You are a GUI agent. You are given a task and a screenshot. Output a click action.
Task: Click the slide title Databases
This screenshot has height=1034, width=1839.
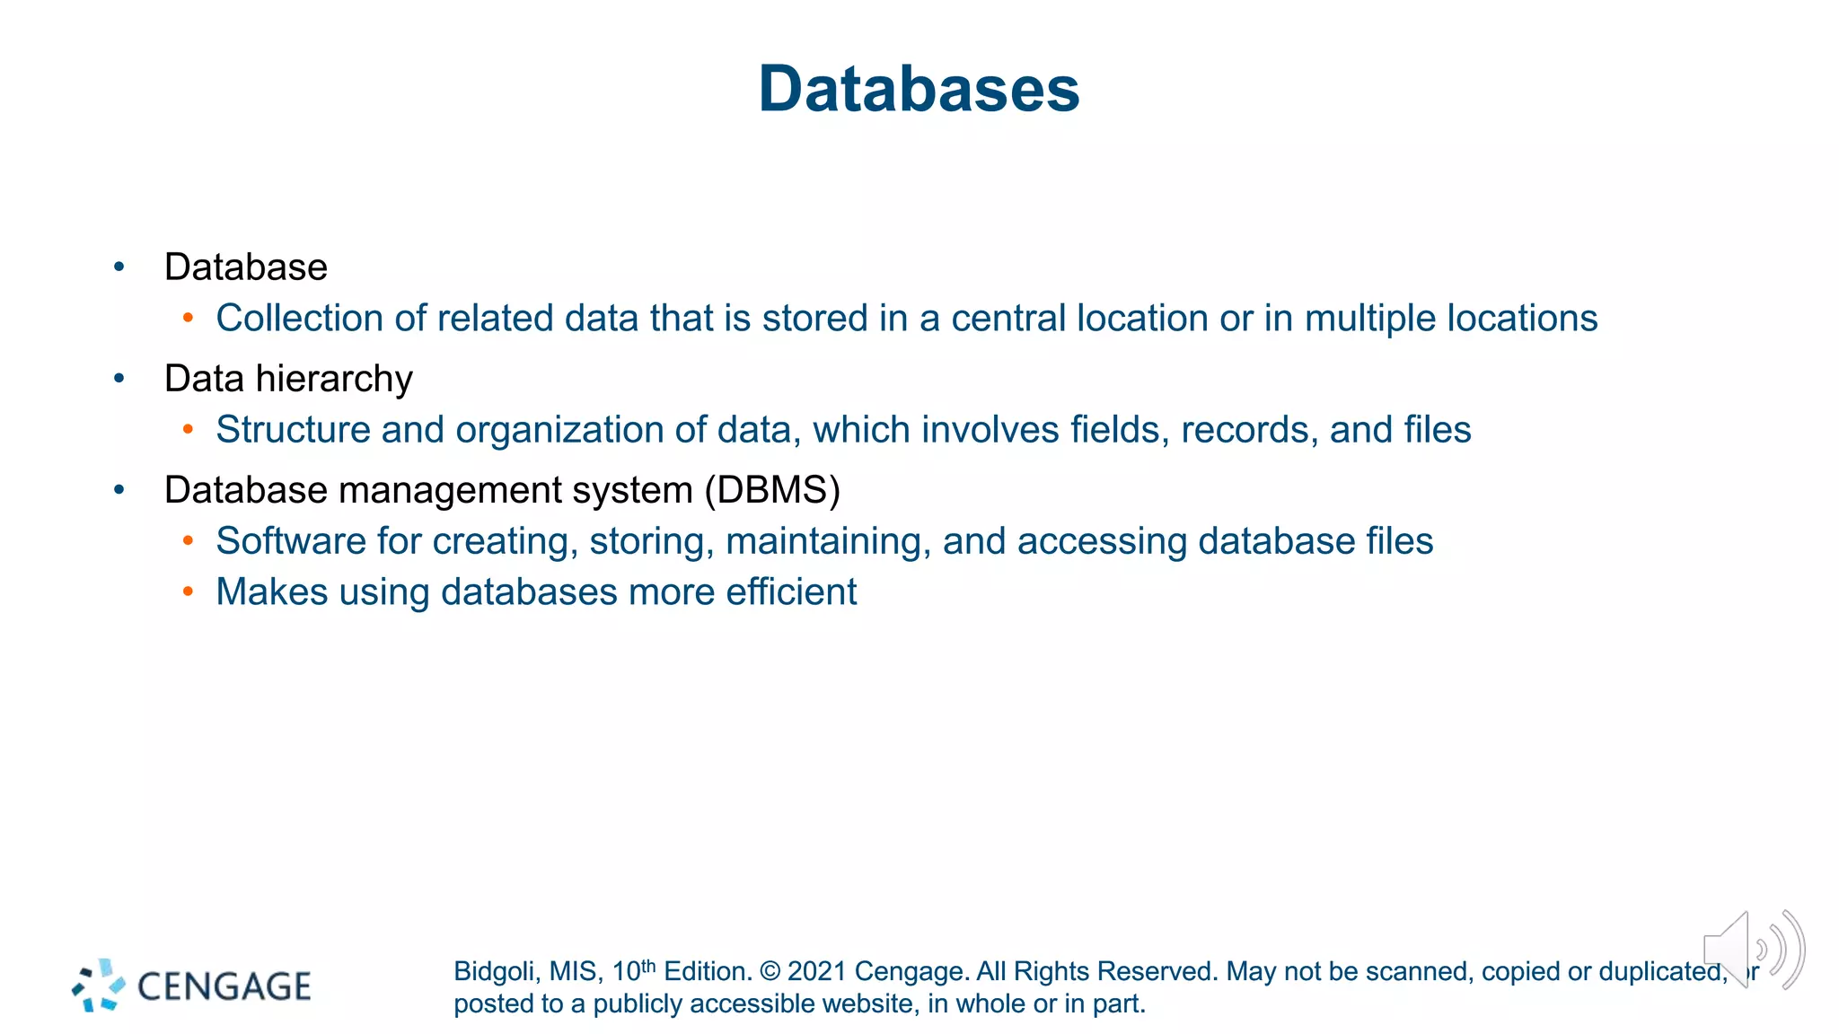[x=919, y=89]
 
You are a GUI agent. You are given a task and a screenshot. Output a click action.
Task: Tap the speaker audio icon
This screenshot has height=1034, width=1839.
[x=1752, y=950]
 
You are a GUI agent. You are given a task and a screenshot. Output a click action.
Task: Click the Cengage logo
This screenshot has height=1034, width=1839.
[x=191, y=986]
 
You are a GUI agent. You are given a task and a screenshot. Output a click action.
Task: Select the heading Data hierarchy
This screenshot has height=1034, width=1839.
[x=288, y=379]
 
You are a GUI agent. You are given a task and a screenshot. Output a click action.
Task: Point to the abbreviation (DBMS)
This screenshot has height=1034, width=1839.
[x=772, y=490]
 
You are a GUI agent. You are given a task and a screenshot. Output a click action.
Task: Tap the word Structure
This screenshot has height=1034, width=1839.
[x=293, y=430]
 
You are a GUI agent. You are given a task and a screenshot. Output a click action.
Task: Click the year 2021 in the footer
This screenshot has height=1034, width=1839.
[x=816, y=971]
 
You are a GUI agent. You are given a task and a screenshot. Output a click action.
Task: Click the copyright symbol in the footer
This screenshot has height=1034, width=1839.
[x=770, y=971]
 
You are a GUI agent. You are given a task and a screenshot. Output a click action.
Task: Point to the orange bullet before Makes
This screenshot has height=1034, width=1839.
[x=188, y=591]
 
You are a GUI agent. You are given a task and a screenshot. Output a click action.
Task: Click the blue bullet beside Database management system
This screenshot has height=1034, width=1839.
[x=119, y=489]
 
